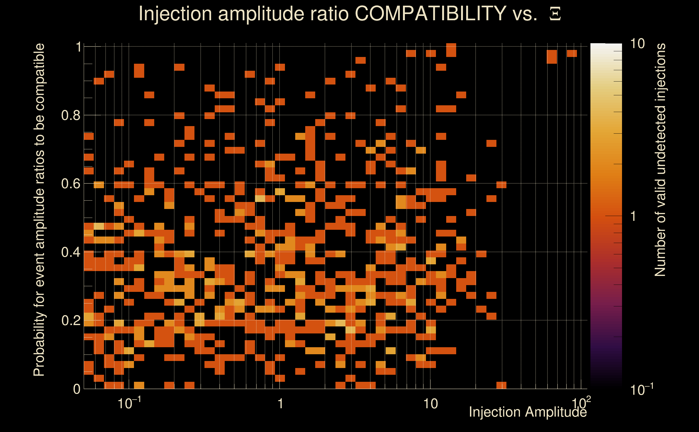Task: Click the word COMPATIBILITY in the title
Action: [x=430, y=13]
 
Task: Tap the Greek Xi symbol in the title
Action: [x=555, y=14]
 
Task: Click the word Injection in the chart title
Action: [x=175, y=13]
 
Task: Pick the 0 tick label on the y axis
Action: [x=77, y=389]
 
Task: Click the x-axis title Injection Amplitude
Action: [x=528, y=412]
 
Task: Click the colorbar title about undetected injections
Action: [x=660, y=160]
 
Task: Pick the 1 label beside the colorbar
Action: [x=633, y=216]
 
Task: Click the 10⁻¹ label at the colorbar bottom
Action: [x=641, y=389]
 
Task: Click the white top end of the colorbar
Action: [x=606, y=46]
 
